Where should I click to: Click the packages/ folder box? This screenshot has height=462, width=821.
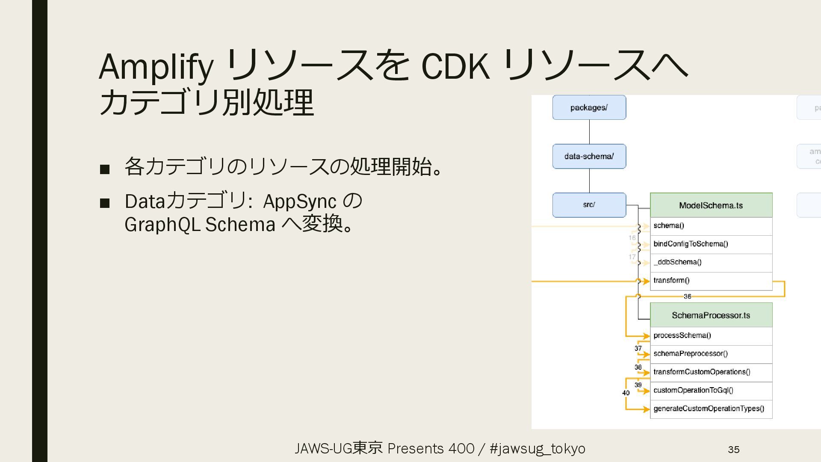tap(589, 107)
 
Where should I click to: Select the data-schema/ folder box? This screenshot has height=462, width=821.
tap(589, 156)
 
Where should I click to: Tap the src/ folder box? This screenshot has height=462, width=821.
tap(589, 205)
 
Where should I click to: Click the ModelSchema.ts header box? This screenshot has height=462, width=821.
tap(711, 205)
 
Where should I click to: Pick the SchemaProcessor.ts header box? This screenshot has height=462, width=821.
tap(711, 315)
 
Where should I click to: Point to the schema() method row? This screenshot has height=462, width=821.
tap(711, 226)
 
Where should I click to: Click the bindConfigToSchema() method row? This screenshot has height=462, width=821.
tap(711, 244)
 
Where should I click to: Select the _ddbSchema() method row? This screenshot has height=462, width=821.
tap(711, 262)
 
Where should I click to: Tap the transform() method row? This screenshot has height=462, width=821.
tap(711, 281)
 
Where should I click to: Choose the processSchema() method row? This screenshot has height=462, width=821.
tap(711, 336)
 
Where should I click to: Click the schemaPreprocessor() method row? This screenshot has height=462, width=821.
tap(711, 354)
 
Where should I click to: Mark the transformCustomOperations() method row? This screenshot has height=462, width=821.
tap(711, 372)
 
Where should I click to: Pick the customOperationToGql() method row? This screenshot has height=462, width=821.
tap(711, 391)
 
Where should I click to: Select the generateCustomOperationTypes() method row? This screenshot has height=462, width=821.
tap(711, 409)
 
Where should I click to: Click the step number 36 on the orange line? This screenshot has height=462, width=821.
tap(687, 296)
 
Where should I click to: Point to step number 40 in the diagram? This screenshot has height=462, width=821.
tap(626, 393)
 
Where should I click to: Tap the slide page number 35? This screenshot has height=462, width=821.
tap(733, 450)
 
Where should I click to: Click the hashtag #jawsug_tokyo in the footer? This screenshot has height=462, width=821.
tap(537, 449)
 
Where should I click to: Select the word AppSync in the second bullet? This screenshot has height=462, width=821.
tap(299, 201)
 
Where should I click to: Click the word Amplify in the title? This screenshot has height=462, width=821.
tap(156, 67)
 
